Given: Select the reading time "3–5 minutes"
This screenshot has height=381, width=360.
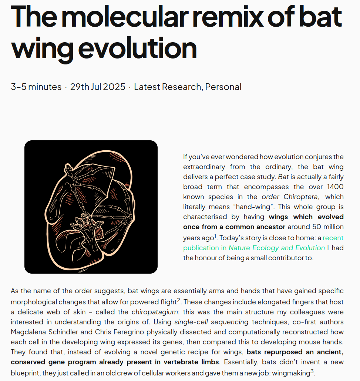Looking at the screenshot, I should click(36, 87).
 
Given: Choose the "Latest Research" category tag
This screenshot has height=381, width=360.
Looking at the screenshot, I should click(168, 87).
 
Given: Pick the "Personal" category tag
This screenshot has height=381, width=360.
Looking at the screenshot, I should click(223, 87).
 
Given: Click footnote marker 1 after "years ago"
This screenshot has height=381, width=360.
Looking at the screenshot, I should click(215, 235).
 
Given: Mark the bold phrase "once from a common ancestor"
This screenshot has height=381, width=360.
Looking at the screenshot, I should click(234, 227).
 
